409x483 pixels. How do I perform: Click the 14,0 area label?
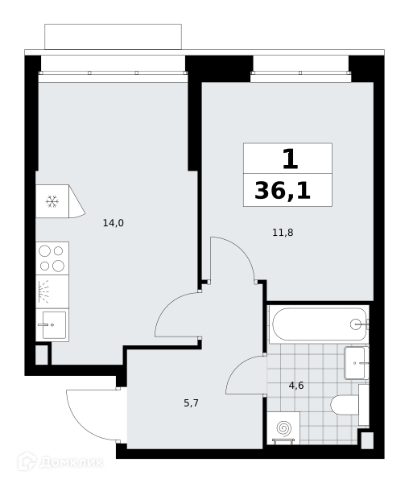click(114, 223)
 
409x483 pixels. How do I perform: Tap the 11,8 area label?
click(283, 233)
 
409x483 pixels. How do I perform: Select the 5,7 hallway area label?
click(192, 403)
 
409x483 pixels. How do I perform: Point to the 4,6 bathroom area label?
click(296, 386)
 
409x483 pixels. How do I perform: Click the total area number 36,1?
click(283, 191)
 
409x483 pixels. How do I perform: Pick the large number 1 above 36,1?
click(290, 159)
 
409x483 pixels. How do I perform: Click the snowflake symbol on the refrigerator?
click(52, 201)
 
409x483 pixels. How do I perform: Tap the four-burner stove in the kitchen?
click(52, 258)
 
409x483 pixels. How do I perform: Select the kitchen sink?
click(52, 325)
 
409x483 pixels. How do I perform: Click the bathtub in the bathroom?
click(319, 324)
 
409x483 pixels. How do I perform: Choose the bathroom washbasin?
click(357, 363)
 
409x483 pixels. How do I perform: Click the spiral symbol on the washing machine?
click(283, 428)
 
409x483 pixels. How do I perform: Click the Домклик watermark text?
click(71, 462)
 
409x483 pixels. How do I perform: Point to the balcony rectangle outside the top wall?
click(113, 37)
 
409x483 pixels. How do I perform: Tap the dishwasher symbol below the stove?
click(52, 291)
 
